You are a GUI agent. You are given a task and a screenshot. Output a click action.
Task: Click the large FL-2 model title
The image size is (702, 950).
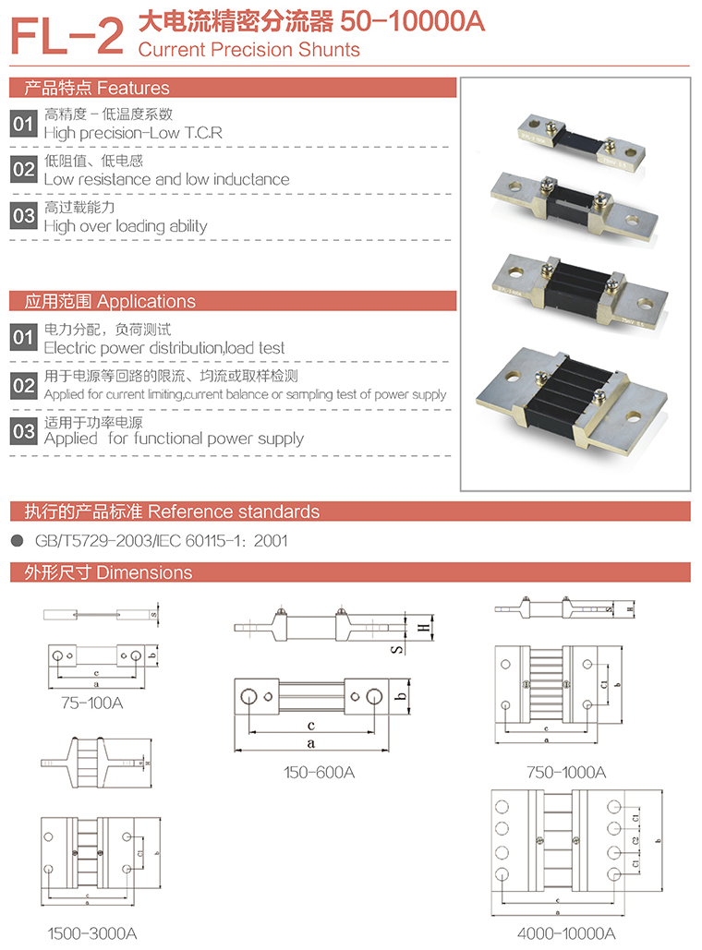67,36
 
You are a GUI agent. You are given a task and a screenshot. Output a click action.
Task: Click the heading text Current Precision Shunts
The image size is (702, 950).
248,49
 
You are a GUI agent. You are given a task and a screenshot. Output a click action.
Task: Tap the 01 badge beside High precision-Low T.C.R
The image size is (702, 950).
23,124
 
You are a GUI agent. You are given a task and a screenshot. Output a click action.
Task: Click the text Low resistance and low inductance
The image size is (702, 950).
166,179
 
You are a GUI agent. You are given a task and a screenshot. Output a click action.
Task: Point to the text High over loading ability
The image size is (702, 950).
126,226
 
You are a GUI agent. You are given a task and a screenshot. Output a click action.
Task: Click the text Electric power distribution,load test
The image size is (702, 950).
164,348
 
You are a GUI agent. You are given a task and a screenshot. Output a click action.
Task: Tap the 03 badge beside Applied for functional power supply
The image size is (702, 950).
23,431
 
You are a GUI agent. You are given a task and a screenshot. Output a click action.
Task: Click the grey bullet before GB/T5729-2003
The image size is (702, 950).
17,541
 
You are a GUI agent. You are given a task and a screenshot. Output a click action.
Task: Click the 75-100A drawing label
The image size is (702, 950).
92,703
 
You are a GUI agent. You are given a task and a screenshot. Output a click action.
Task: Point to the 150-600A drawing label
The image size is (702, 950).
320,772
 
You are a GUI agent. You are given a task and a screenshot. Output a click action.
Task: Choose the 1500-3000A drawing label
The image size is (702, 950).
92,933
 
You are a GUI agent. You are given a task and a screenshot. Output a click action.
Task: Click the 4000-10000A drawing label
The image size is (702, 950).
566,933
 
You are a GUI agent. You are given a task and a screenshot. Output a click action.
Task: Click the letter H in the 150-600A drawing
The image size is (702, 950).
424,629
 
